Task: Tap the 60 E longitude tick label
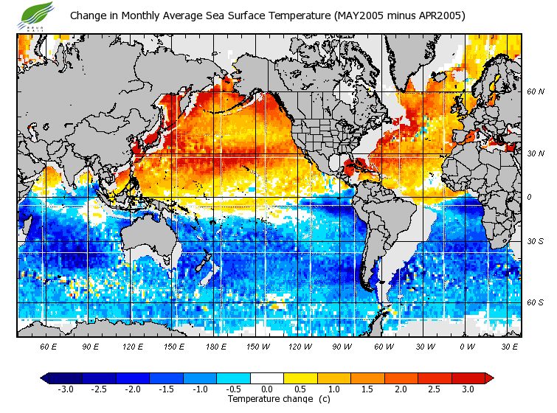coord(49,346)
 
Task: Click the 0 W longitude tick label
coord(466,346)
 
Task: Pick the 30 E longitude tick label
coord(510,346)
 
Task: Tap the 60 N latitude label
coord(535,93)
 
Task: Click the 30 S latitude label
coord(535,242)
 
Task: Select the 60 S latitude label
coord(535,302)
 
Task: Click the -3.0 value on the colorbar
coord(65,389)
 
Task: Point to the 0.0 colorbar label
coord(267,389)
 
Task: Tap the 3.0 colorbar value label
coord(468,389)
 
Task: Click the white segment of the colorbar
coord(267,378)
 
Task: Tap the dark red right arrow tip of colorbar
coord(489,378)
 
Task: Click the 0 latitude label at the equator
coord(529,198)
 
